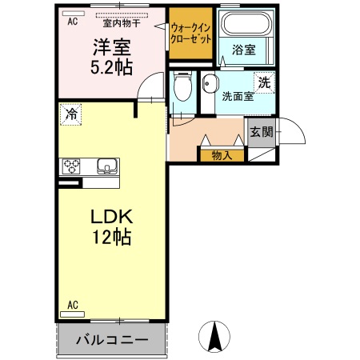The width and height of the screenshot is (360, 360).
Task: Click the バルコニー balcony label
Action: coord(112,340)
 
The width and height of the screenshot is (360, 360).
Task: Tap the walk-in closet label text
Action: coord(190,32)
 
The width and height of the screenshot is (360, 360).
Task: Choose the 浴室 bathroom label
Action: coord(243,50)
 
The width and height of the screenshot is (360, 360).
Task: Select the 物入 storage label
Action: coord(222,155)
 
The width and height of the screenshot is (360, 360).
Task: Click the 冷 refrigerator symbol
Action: coord(71,114)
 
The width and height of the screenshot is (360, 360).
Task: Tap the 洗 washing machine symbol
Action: coord(263,81)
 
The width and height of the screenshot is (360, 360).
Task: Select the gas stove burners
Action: coord(72,166)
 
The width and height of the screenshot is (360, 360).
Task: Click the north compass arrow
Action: coord(214,335)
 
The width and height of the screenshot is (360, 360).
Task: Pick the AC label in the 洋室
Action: coord(71,22)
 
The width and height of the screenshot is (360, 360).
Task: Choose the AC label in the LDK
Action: coord(72,305)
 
